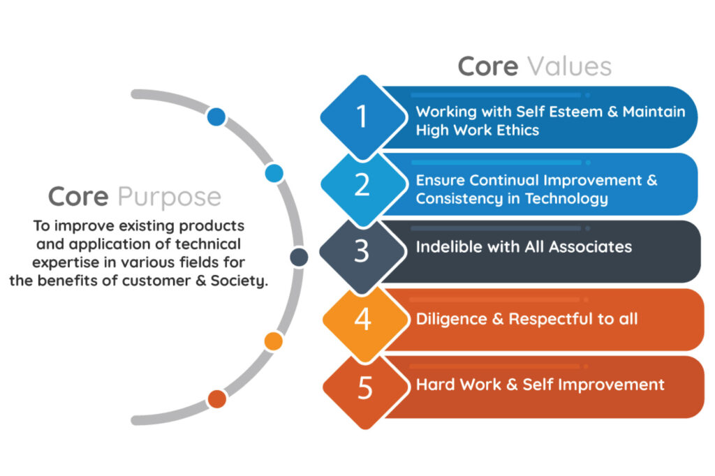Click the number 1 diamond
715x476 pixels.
pos(362,117)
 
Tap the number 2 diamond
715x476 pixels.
pos(362,185)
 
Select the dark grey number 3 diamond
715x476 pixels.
pos(362,252)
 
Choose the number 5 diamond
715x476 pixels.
pos(365,387)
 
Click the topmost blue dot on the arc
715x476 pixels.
pos(216,117)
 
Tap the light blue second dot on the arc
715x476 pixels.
pos(274,172)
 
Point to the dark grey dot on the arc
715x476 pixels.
pos(299,258)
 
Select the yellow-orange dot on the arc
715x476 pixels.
pos(274,341)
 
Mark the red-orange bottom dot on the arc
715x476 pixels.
pos(217,399)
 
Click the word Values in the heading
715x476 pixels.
pos(569,66)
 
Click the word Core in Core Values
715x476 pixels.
pos(487,66)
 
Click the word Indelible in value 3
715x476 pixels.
pos(447,246)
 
